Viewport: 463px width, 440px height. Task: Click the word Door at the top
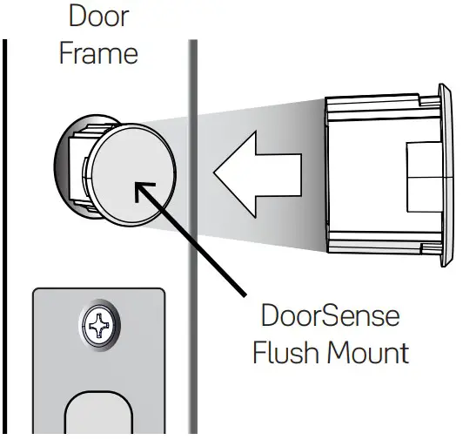[97, 17]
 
